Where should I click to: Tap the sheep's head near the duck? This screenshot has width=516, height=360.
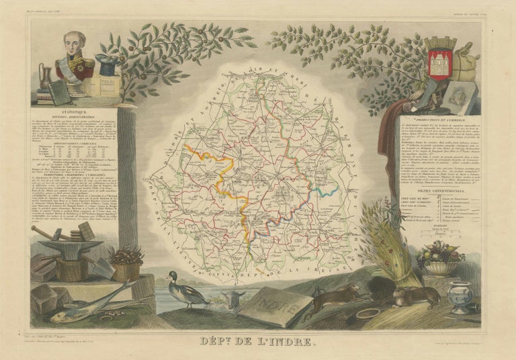pos(232,300)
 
